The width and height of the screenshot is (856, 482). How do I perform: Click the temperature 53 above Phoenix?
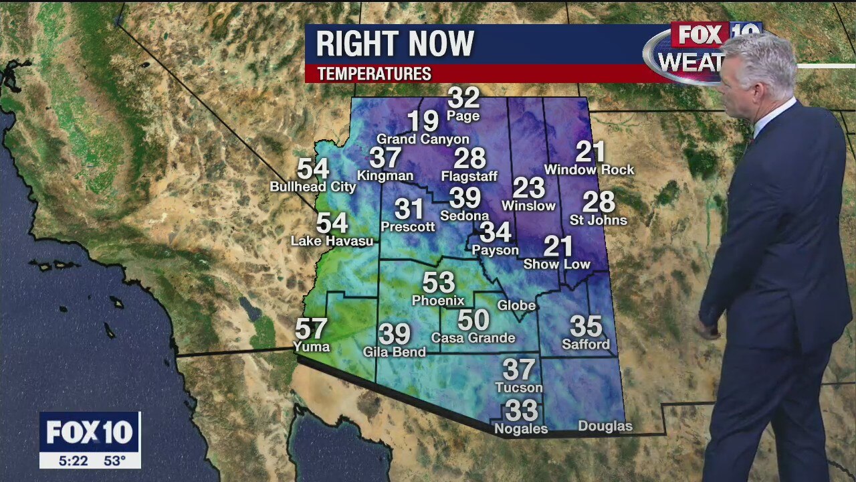(x=439, y=283)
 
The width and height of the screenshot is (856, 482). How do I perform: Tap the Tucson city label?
(x=519, y=388)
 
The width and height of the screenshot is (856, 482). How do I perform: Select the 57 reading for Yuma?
(x=312, y=329)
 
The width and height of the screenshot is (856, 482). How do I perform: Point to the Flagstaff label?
(x=469, y=177)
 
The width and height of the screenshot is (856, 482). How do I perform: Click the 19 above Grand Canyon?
(x=423, y=122)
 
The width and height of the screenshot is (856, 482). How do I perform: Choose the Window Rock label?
(x=589, y=170)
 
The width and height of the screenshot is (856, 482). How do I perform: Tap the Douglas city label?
(x=605, y=426)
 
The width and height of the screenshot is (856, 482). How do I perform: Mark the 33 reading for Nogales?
(x=522, y=410)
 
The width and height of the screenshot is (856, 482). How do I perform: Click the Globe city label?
(x=516, y=305)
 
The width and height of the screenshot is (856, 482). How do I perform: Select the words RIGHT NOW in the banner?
(x=395, y=44)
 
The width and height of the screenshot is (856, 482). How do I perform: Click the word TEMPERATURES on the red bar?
(x=374, y=74)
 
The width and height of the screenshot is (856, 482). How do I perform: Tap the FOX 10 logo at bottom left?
(x=90, y=432)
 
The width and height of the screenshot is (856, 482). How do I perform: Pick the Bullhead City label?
(x=313, y=187)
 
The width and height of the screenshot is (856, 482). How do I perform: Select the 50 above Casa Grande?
(x=473, y=320)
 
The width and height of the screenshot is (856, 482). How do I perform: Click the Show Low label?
(x=556, y=264)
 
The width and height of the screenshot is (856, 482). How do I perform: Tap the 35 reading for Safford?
(x=586, y=327)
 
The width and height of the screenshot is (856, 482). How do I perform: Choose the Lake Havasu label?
(x=332, y=241)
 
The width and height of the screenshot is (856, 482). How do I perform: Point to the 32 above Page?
(x=463, y=98)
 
